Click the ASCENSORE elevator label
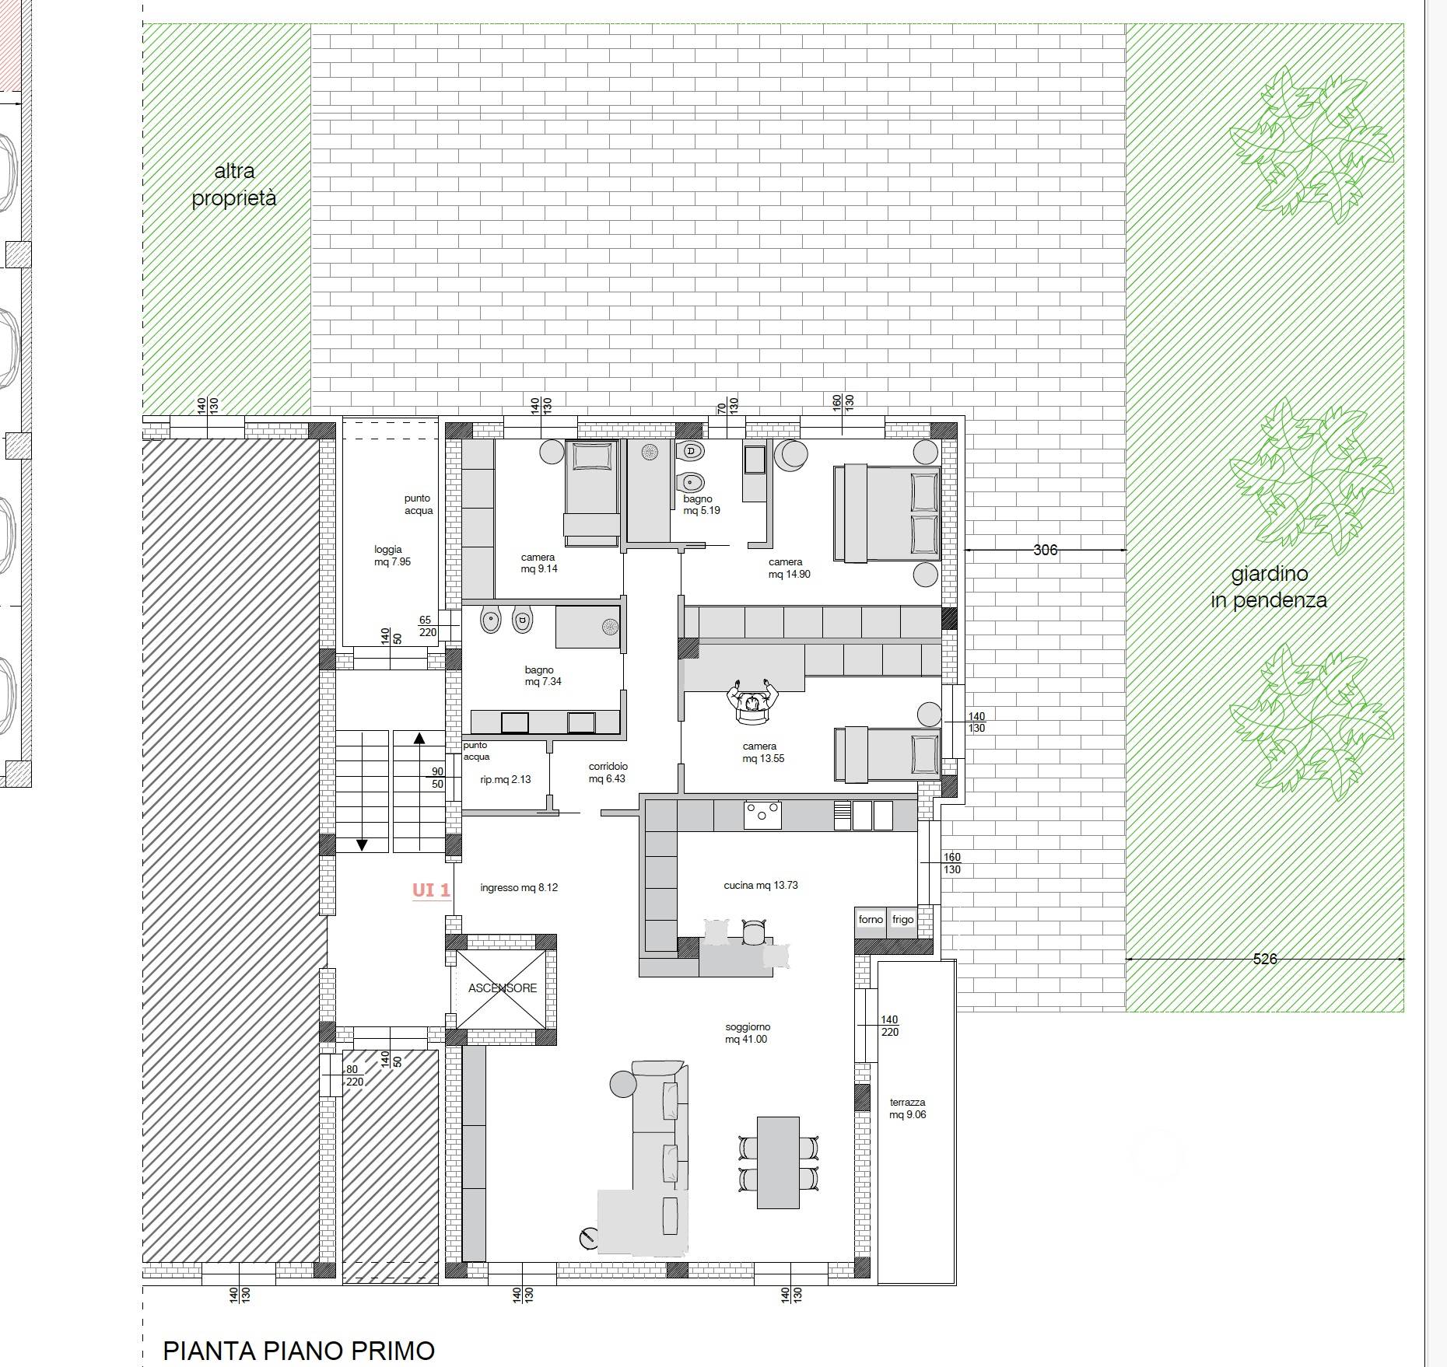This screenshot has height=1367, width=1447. coord(503,988)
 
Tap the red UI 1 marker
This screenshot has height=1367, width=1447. coord(431,890)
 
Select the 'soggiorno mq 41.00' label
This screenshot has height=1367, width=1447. coord(747,1033)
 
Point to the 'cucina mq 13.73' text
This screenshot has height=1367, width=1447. coord(761,885)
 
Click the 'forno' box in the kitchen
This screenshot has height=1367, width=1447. coord(871,919)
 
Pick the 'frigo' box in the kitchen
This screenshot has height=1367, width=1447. coord(902,919)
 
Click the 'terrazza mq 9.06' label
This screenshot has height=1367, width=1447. coord(908,1108)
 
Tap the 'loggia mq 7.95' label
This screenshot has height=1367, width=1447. coord(391,555)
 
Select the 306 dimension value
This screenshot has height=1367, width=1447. coord(1045,550)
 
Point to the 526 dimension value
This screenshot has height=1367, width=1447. coord(1265,959)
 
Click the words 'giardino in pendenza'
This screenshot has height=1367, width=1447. coord(1269,587)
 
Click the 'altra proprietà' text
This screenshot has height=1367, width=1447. coord(234,184)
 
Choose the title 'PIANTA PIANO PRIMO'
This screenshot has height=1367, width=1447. coord(299,1351)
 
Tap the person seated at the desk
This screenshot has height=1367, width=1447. coord(752,700)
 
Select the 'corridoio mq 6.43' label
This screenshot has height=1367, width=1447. coord(608,772)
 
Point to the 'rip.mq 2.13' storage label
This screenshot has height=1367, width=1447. coord(506,779)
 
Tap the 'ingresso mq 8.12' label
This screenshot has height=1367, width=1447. coord(519,887)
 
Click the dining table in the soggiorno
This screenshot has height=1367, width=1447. coord(778,1162)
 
